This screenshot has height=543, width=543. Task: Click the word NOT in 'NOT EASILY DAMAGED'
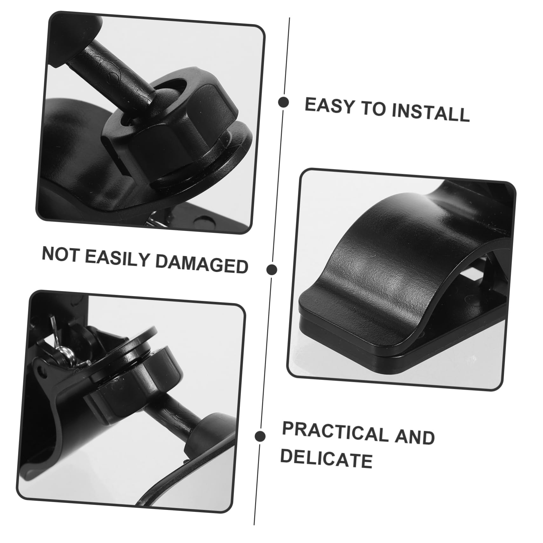[60, 254]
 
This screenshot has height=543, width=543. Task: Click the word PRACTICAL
[334, 433]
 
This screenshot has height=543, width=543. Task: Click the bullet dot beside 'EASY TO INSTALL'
[283, 102]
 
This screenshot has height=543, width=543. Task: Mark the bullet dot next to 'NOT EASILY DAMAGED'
[271, 270]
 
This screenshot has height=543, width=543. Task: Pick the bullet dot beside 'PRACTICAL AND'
[260, 436]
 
